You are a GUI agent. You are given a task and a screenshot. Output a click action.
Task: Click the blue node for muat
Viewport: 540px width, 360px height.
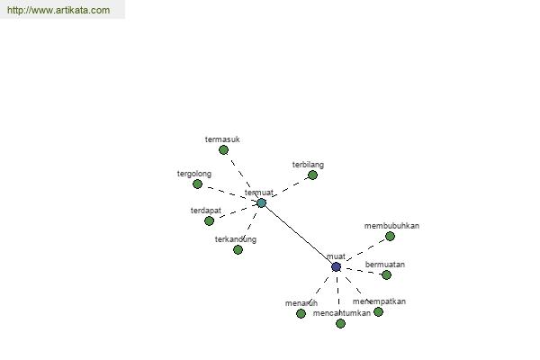point(336,266)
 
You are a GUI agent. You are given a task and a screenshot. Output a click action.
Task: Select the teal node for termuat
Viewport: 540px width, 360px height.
point(261,202)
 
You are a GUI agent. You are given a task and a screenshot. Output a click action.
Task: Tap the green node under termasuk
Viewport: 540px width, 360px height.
point(223,150)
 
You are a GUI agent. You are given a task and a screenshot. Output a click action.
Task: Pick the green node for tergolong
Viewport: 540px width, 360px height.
point(197,184)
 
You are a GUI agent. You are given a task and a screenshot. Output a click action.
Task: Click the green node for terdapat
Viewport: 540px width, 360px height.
point(209,220)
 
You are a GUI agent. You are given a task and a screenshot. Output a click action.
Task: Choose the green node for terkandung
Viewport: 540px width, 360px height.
point(238,249)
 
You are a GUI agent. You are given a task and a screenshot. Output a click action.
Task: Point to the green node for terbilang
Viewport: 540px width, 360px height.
point(312,175)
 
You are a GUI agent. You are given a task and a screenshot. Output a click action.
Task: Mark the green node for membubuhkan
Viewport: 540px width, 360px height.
point(390,236)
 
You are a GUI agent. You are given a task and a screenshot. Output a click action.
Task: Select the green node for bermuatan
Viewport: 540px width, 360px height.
point(386,274)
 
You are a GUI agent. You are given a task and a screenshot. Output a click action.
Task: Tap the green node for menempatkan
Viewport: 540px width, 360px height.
point(378,311)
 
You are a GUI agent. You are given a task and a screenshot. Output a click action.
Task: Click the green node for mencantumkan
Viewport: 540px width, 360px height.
point(340,323)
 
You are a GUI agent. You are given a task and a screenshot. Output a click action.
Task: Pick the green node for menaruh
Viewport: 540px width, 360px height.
point(301,313)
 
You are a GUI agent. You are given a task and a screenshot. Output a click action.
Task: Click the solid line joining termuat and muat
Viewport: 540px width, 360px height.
point(298,234)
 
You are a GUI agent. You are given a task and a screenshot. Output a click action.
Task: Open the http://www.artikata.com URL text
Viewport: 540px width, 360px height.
point(58,10)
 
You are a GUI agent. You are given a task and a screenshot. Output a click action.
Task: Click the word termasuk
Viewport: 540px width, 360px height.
point(222,139)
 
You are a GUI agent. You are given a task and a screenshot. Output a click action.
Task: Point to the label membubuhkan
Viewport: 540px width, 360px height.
point(391,225)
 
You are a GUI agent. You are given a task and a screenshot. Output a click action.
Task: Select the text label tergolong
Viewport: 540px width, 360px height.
point(195,173)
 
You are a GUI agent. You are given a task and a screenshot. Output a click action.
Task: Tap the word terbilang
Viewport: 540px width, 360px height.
point(308,165)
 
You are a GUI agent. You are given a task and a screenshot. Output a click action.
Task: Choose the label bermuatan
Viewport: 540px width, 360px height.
point(385,264)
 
